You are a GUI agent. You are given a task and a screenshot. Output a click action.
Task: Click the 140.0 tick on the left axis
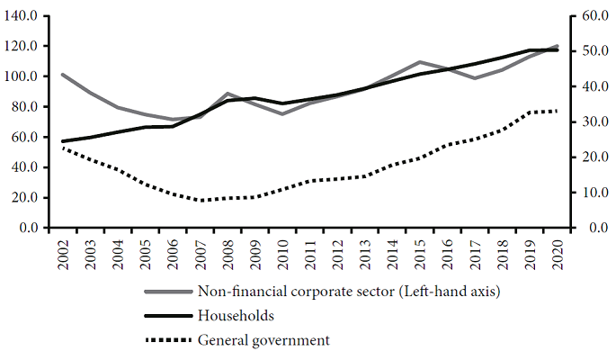pyautogui.click(x=22, y=16)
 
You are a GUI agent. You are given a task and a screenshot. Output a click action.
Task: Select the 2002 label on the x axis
pyautogui.click(x=62, y=254)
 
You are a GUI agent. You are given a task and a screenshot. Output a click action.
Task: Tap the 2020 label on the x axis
pyautogui.click(x=558, y=254)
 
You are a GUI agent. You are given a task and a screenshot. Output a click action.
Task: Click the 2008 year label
pyautogui.click(x=228, y=254)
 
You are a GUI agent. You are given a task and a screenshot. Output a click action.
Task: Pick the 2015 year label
pyautogui.click(x=420, y=254)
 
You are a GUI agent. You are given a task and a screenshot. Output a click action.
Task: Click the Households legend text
pyautogui.click(x=236, y=316)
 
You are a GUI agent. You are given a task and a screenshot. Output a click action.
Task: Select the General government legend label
pyautogui.click(x=263, y=340)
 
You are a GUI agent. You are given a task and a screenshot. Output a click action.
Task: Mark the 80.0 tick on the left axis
pyautogui.click(x=22, y=107)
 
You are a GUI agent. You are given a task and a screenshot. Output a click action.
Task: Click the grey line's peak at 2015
pyautogui.click(x=420, y=62)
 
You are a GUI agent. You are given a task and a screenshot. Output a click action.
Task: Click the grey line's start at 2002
pyautogui.click(x=62, y=75)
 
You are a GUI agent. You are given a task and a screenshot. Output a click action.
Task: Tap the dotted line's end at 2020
pyautogui.click(x=558, y=111)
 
